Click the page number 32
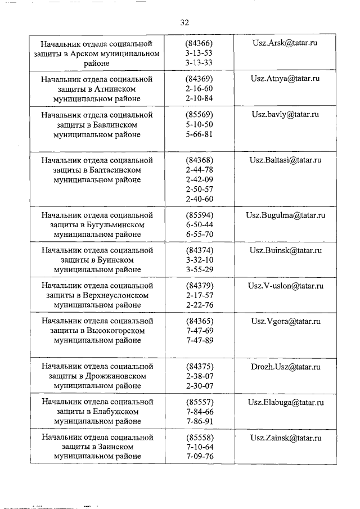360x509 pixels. pos(184,22)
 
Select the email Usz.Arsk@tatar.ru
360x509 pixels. pos(285,43)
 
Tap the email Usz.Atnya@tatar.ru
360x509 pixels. pos(285,79)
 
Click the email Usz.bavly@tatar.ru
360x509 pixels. pos(285,114)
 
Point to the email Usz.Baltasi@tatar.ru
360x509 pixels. pos(285,160)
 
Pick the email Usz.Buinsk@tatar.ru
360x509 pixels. pos(285,250)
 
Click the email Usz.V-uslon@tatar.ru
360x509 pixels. pos(285,286)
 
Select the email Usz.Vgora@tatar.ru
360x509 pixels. pos(285,321)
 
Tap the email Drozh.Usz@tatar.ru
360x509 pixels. pos(285,367)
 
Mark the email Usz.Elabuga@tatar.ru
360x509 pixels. pos(285,402)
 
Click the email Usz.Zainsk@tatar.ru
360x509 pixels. pos(285,438)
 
